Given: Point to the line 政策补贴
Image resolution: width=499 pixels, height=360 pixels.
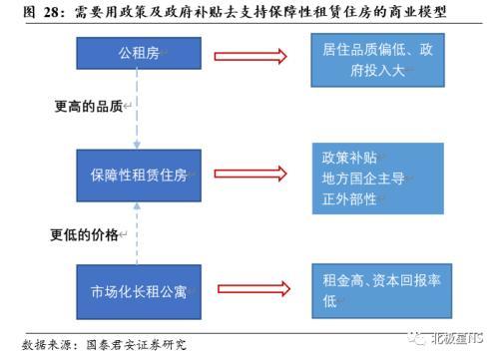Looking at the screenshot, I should pyautogui.click(x=349, y=158).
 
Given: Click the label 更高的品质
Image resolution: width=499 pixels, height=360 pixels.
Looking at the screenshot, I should pyautogui.click(x=87, y=106).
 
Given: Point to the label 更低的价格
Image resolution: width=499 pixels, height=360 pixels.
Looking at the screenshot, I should pyautogui.click(x=85, y=235).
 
